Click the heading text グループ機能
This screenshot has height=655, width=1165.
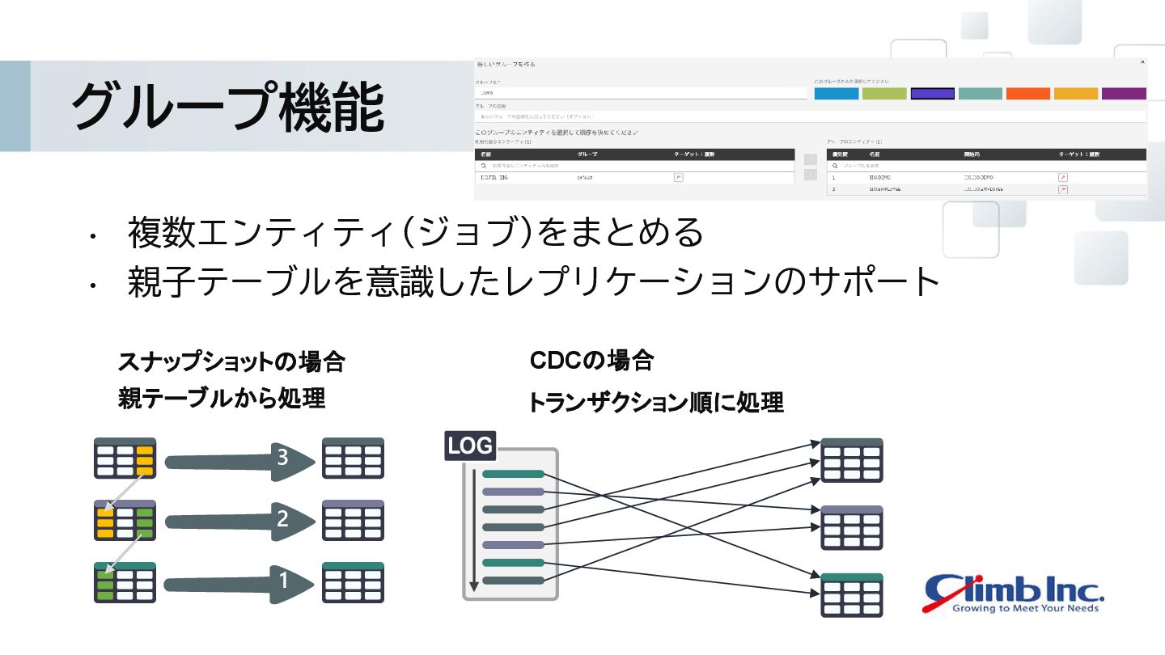coord(227,107)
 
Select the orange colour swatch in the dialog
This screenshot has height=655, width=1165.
coord(1027,94)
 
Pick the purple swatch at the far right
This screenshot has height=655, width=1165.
coord(1124,94)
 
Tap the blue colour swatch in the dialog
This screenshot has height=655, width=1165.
coord(836,94)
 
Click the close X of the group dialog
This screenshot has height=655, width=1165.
coord(1142,62)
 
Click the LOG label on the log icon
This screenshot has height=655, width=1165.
coord(470,446)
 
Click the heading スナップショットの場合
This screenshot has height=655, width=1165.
coord(231,361)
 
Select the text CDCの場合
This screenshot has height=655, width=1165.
coord(591,361)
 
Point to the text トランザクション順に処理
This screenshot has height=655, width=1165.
coord(655,403)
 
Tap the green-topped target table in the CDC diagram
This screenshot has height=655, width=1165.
coord(852,595)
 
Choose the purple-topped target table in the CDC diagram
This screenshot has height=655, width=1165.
coord(852,527)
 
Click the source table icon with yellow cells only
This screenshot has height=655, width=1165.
coord(125,458)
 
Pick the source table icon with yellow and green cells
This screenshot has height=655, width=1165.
coord(125,520)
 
